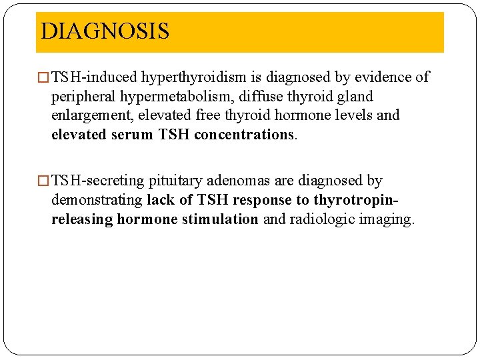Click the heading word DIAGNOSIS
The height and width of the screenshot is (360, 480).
105,31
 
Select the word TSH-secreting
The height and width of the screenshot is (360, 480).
97,181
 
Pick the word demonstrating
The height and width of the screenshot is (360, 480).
97,200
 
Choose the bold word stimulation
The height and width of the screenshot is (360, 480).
225,219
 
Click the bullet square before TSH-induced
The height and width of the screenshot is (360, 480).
45,78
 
